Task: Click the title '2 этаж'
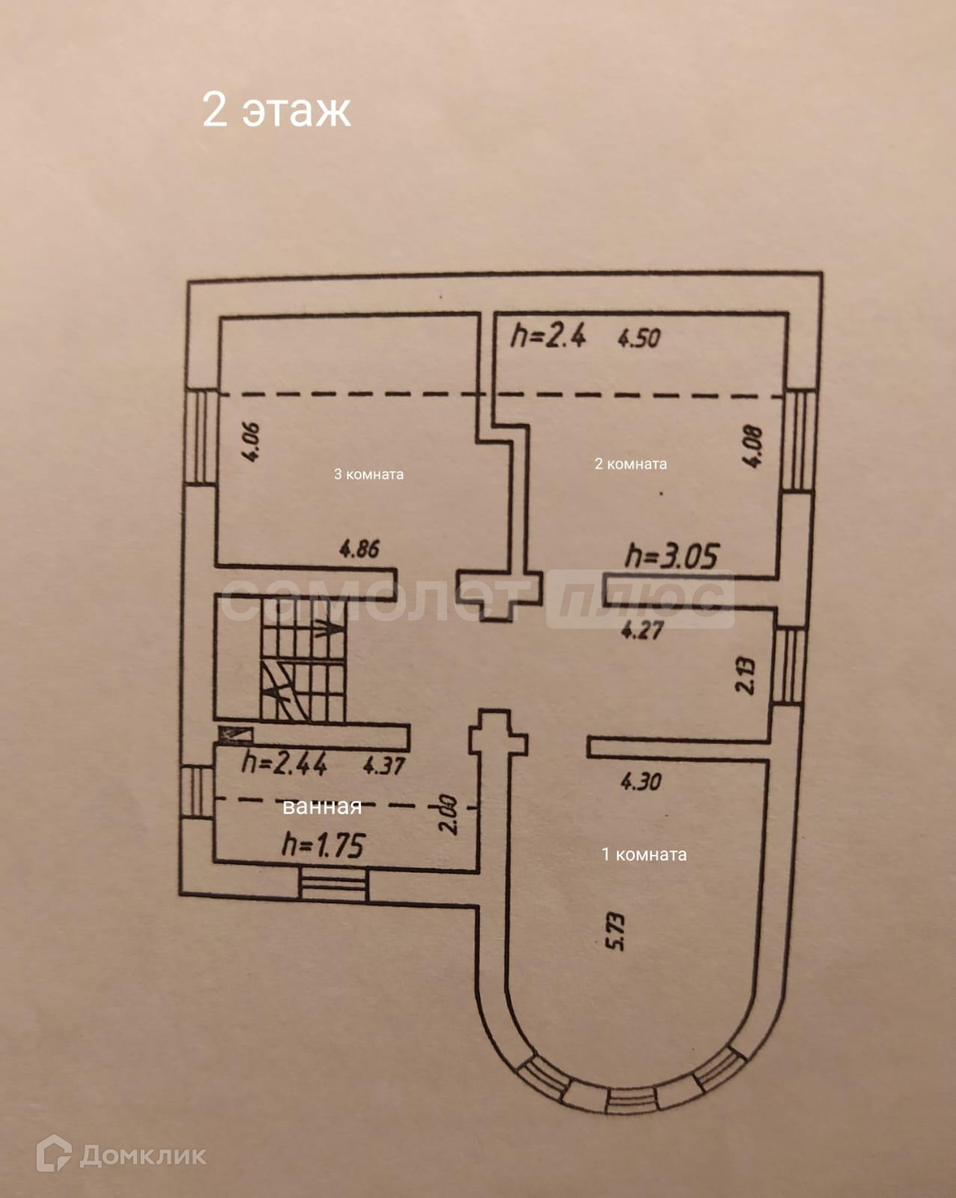[276, 110]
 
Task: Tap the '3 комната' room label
[368, 474]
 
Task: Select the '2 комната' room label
[630, 464]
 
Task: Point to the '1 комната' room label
[644, 854]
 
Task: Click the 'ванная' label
[322, 806]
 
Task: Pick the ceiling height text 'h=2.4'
[548, 336]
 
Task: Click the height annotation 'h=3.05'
[672, 556]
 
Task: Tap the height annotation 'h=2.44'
[284, 763]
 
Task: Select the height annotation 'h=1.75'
[323, 846]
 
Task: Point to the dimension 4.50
[639, 338]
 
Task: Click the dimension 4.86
[359, 549]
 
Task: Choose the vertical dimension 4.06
[251, 442]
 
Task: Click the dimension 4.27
[642, 630]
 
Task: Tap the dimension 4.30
[641, 781]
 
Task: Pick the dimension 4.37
[383, 766]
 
